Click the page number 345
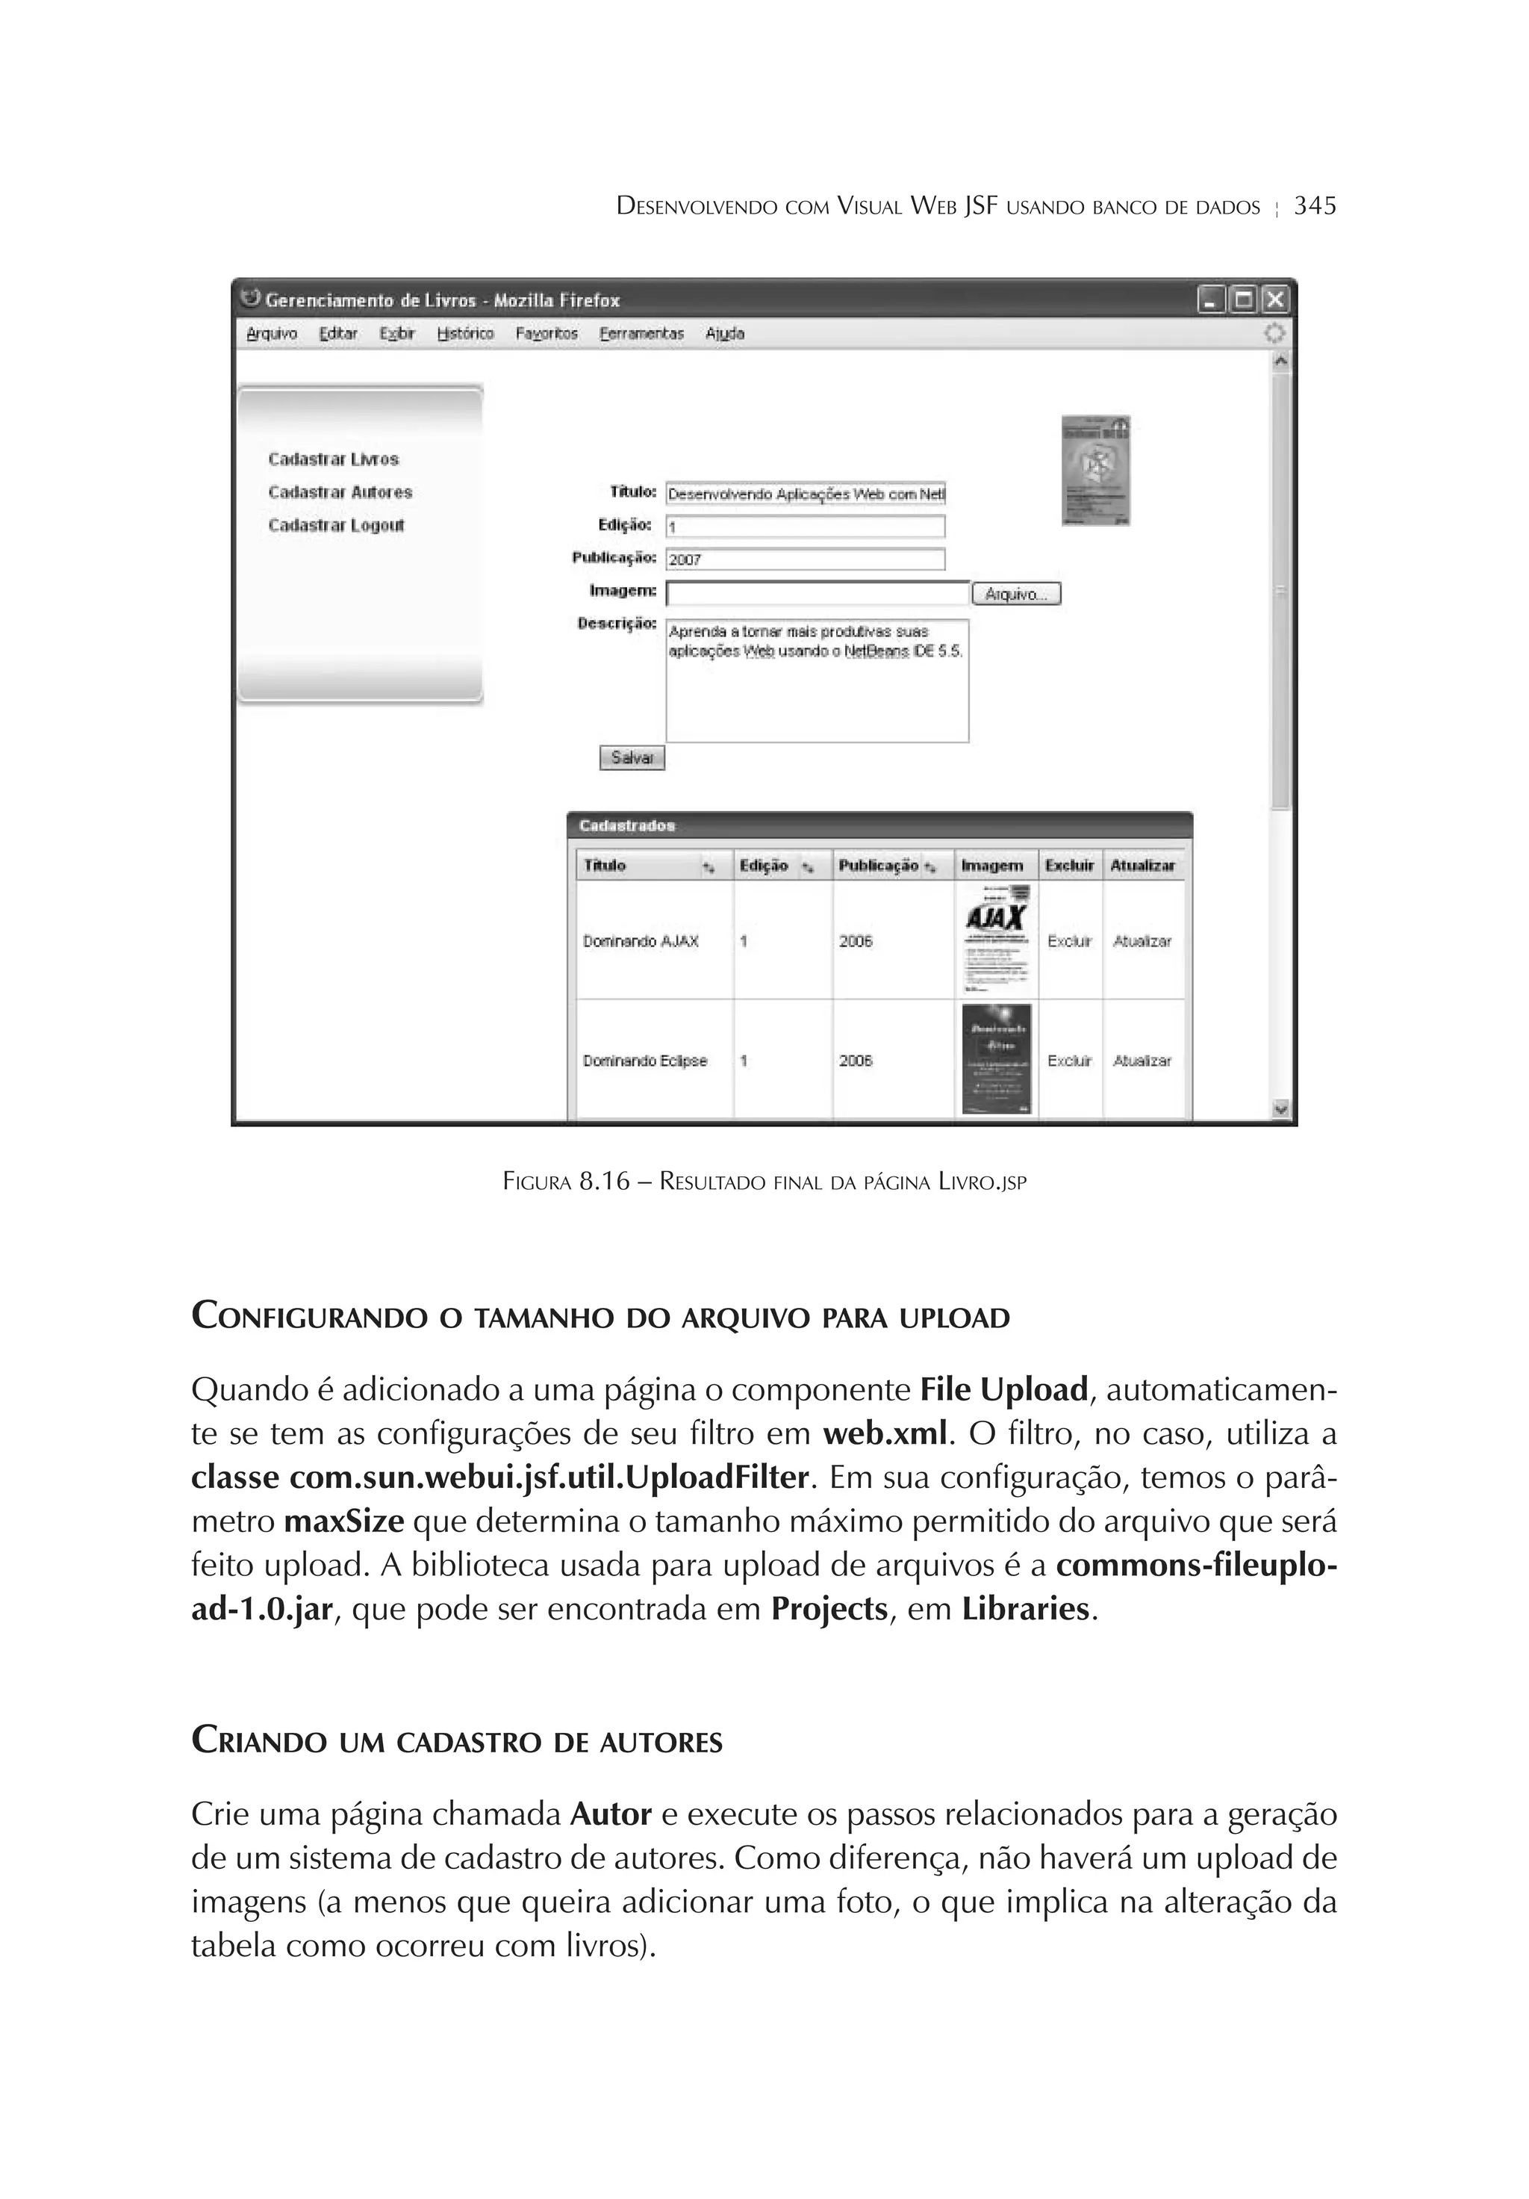pos(1313,206)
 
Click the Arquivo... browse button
pos(1016,594)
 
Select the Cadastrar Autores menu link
pos(340,492)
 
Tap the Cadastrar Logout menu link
pos(336,525)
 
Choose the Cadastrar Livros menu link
pos(333,459)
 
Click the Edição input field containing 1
pos(804,527)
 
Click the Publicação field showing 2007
pos(804,559)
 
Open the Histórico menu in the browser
pos(465,333)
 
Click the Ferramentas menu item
pos(641,333)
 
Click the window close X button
pos(1274,301)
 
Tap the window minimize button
pos(1211,301)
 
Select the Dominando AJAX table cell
pos(641,941)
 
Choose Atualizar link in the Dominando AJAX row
pos(1142,941)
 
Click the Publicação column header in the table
pos(878,866)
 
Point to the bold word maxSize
pos(343,1522)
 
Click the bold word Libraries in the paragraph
pos(1025,1609)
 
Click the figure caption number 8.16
pos(604,1182)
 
